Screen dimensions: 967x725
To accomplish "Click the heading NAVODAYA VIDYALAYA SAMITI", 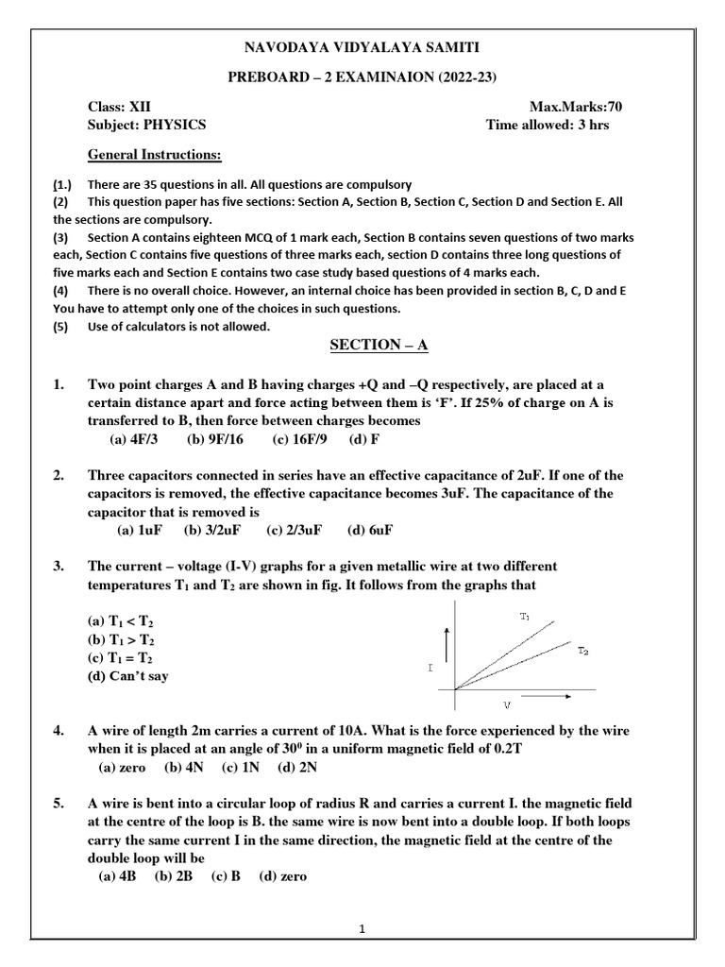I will pos(362,47).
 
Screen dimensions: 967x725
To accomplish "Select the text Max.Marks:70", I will pos(577,107).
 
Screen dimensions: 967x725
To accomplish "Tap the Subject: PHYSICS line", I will pos(146,125).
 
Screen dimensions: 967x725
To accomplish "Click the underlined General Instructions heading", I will pos(155,154).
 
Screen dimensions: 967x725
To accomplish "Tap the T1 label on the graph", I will pos(525,616).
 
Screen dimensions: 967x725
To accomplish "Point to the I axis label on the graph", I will pos(430,667).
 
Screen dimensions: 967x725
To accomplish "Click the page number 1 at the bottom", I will pos(362,929).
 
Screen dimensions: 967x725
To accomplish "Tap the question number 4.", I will pos(59,731).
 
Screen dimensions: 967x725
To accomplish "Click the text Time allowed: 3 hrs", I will pos(548,125).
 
